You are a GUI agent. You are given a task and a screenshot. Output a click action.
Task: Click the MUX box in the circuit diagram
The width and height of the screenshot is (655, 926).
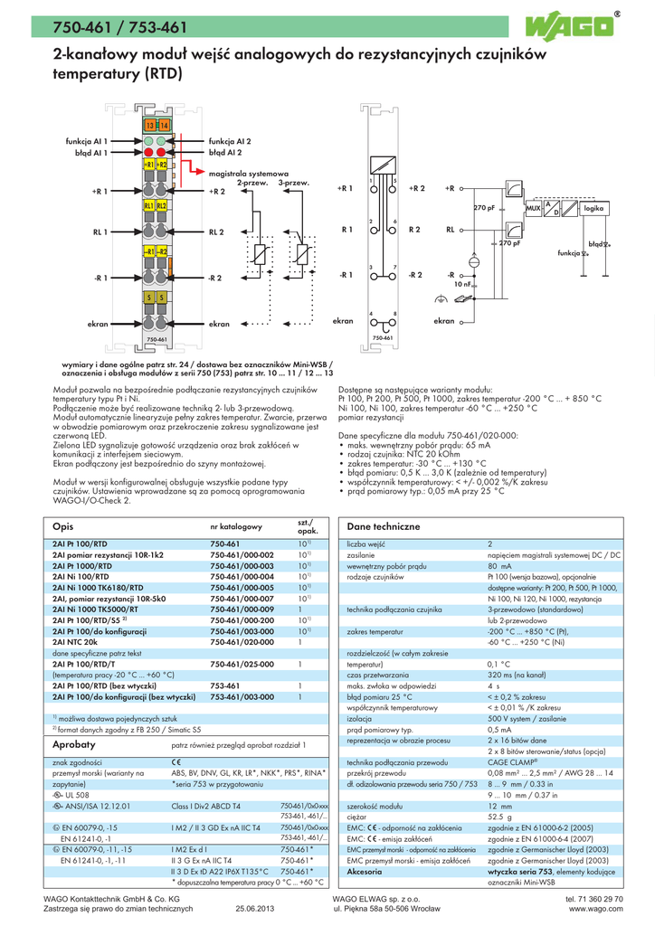[533, 209]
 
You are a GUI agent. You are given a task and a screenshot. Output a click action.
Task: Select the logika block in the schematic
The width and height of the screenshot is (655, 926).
[593, 209]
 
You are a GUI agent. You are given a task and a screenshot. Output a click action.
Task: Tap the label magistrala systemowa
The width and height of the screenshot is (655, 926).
[248, 173]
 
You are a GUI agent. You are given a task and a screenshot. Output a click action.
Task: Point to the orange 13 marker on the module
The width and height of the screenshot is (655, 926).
[149, 124]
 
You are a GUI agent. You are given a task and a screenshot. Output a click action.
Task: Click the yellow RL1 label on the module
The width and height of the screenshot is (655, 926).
[149, 206]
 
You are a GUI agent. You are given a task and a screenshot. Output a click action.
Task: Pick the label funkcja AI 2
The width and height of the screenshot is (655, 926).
[230, 142]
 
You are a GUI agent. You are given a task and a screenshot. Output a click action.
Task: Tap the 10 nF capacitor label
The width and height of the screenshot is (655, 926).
[463, 284]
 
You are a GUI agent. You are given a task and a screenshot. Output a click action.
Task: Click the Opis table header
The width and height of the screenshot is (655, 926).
[63, 525]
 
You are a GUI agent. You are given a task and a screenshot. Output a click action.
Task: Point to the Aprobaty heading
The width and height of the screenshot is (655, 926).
[74, 744]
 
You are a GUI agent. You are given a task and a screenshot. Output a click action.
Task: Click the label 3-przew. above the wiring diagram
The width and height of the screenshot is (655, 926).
[294, 183]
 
